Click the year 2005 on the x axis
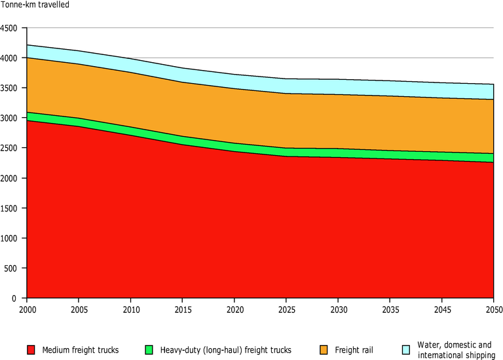pyautogui.click(x=79, y=308)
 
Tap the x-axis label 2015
pyautogui.click(x=182, y=308)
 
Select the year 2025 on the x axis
pyautogui.click(x=286, y=308)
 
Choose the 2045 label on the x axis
pyautogui.click(x=441, y=308)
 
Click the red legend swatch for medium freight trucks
pyautogui.click(x=31, y=350)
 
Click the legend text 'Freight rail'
pyautogui.click(x=354, y=350)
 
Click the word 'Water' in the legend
pyautogui.click(x=428, y=345)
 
